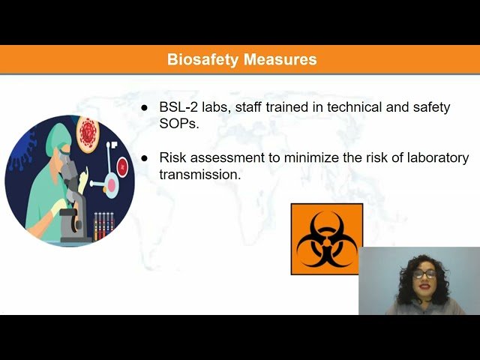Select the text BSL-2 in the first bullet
177,107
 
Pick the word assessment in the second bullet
223,157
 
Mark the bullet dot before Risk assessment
145,158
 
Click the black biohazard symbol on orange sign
326,238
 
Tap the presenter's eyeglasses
424,274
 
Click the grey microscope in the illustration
71,202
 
